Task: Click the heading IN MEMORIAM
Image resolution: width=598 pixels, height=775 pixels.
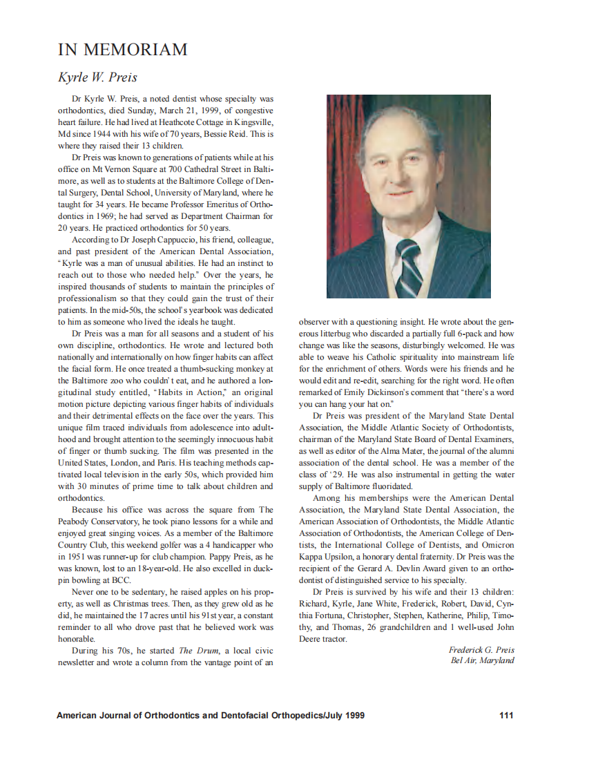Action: point(122,50)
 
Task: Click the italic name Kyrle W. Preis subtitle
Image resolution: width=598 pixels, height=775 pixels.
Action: point(98,77)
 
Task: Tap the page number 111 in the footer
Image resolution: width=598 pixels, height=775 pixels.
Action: point(505,715)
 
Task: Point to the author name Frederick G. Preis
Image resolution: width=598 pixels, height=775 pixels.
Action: point(481,650)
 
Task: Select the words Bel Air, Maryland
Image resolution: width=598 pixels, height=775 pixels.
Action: point(482,660)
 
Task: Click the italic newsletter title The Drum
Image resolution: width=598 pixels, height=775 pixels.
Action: point(195,651)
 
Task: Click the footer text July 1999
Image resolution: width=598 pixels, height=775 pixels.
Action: point(345,715)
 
